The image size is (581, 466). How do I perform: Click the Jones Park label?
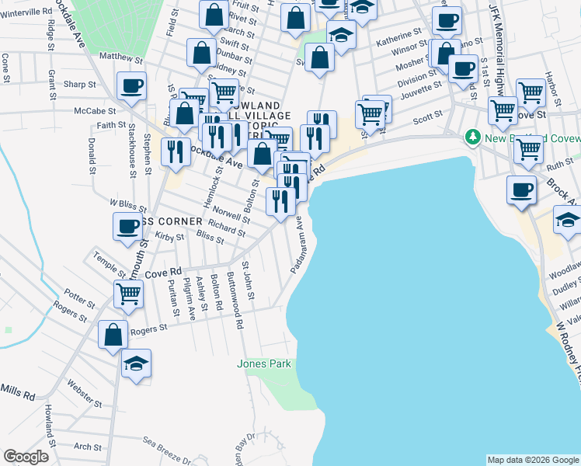(263, 363)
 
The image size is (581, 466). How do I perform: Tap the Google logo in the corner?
(26, 457)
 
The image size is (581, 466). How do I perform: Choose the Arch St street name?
(87, 447)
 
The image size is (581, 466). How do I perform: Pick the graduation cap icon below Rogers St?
(136, 363)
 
